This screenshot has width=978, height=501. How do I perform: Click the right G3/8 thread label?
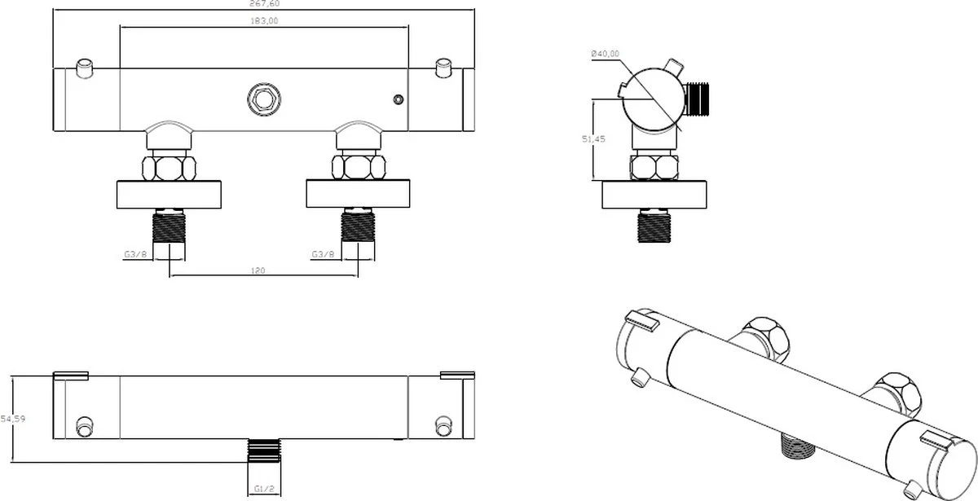[x=324, y=254]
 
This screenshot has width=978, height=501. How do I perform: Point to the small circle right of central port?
[x=398, y=100]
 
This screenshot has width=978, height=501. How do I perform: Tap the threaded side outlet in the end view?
[x=699, y=99]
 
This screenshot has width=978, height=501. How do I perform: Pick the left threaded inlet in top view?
[x=169, y=226]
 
